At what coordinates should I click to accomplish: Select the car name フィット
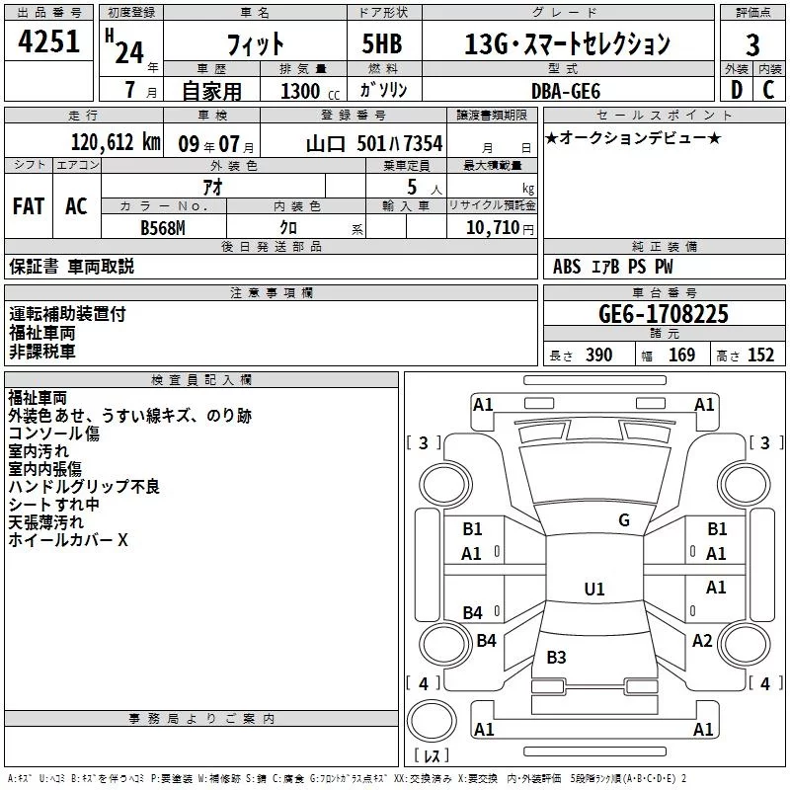255,44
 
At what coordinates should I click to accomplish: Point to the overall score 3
752,44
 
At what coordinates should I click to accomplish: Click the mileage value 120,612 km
116,142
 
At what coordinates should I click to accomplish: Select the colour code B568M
163,228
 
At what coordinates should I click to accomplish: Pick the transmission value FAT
28,205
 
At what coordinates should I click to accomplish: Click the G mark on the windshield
623,520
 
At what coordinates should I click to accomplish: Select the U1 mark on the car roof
593,590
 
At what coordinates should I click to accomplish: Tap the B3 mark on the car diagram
556,657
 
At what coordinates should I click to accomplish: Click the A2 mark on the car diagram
702,641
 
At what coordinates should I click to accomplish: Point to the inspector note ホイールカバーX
68,540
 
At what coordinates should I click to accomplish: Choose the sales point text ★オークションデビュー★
633,137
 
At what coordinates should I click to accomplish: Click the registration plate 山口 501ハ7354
373,143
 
